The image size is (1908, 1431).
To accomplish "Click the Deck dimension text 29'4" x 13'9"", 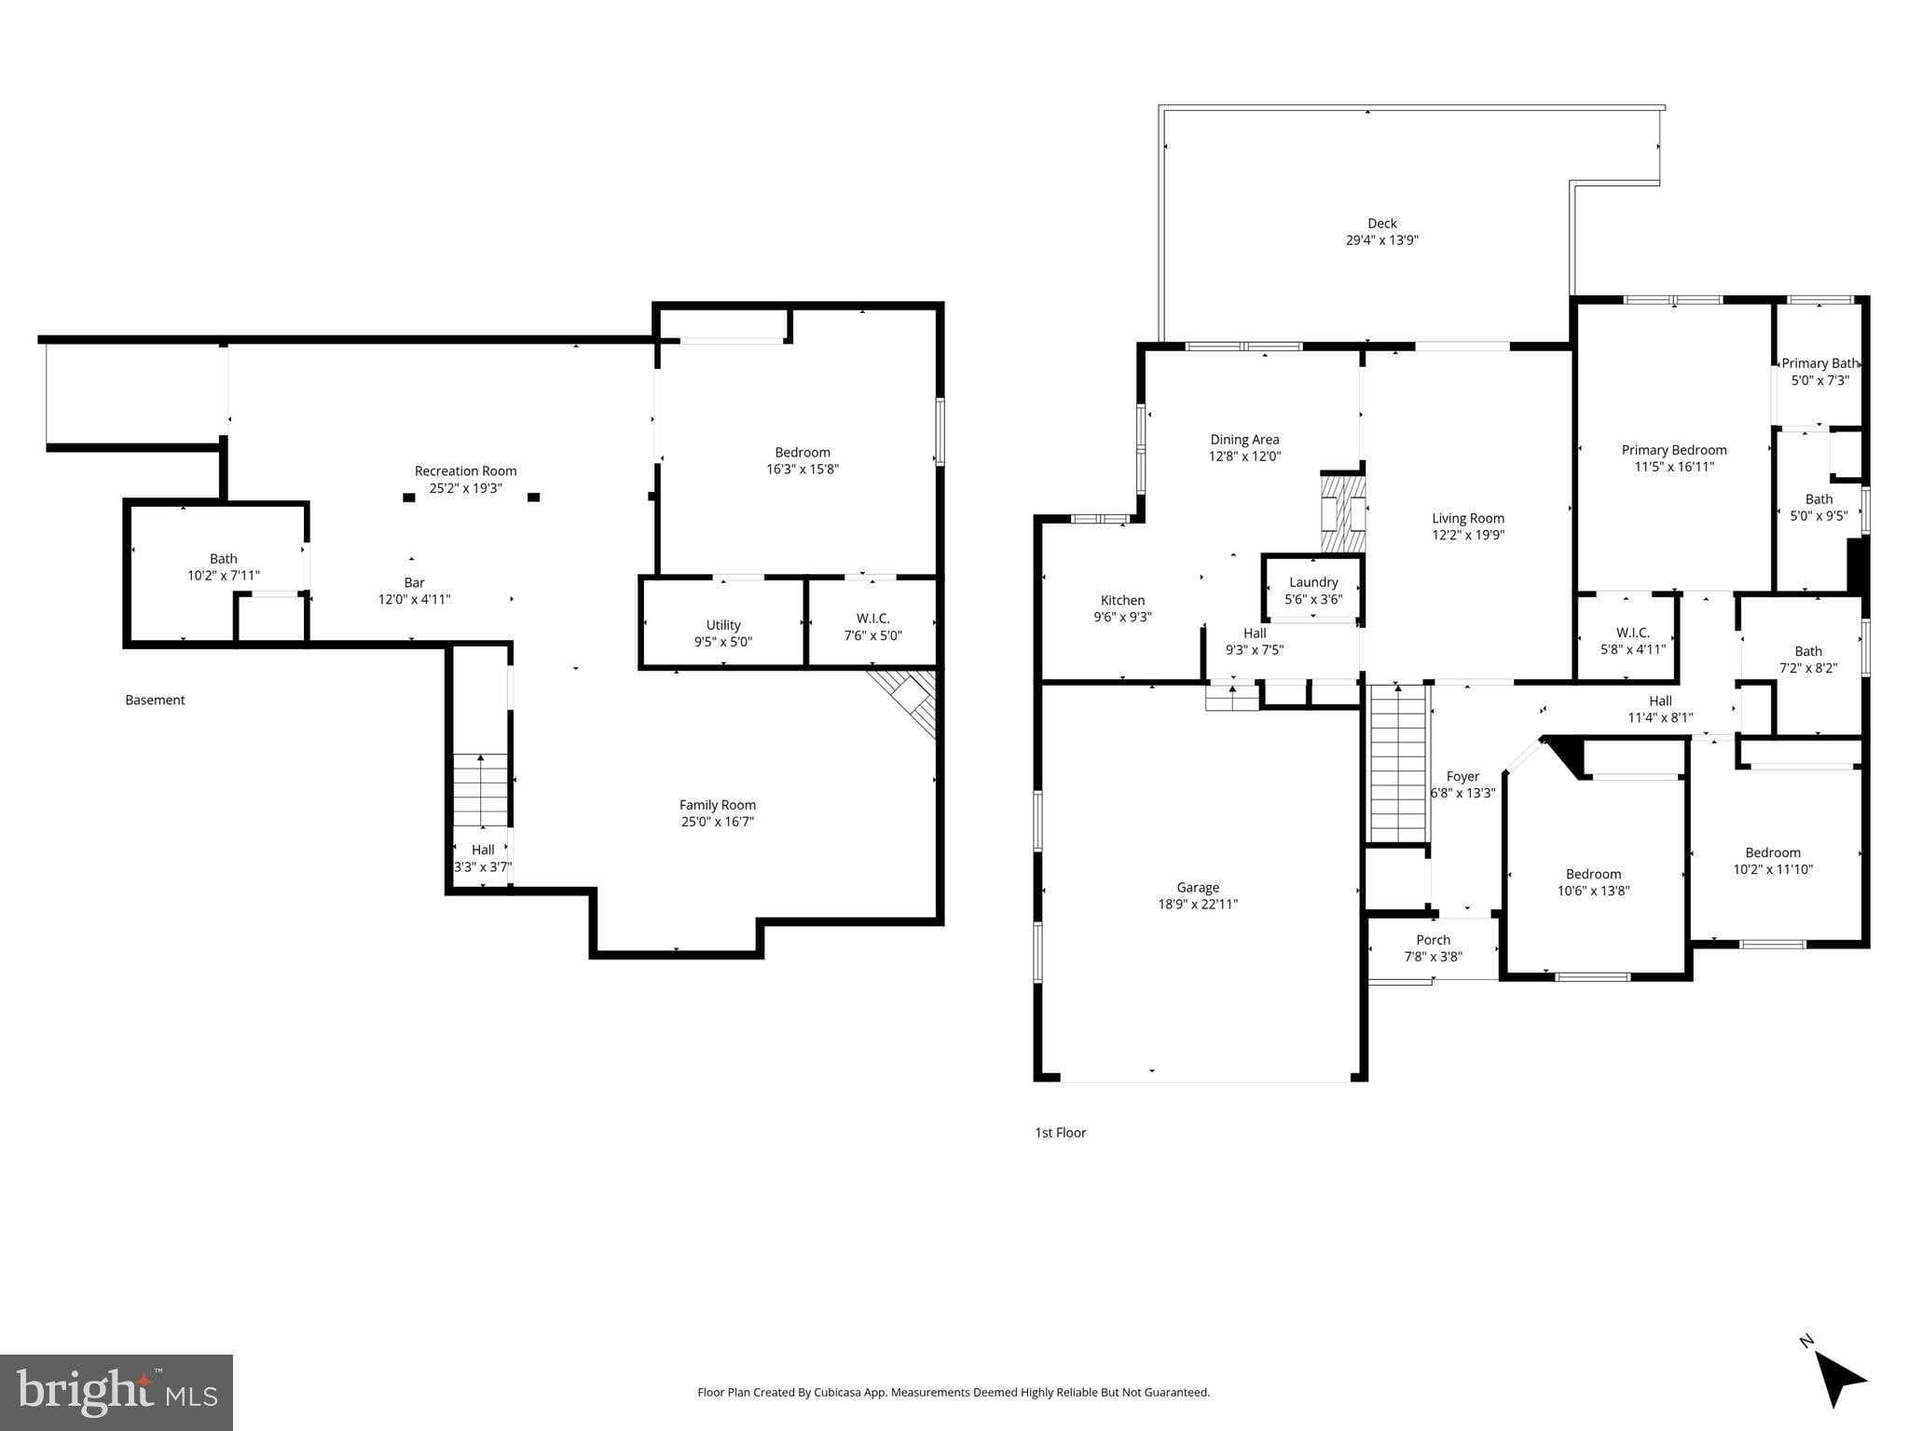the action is (x=1381, y=240).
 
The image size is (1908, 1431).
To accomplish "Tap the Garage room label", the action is (x=1198, y=888).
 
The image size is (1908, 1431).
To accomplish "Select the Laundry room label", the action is (x=1313, y=582).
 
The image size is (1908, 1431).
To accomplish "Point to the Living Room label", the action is (x=1468, y=518).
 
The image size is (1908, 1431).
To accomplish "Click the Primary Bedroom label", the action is (x=1674, y=450).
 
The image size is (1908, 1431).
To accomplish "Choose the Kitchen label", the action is (x=1122, y=600).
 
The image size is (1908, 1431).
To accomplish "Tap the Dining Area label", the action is (x=1244, y=440).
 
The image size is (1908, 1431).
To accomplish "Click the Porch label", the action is (x=1434, y=940).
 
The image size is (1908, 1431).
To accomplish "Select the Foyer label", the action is (x=1462, y=776).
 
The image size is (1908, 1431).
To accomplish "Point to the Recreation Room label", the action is (x=465, y=471).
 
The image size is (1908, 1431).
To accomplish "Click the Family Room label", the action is (x=718, y=805).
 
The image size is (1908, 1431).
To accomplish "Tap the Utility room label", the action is (x=723, y=625).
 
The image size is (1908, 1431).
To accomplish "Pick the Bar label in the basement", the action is (x=414, y=583).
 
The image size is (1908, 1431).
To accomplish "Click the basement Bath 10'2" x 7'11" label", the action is (x=224, y=567).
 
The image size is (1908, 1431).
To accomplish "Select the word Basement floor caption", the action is (x=155, y=700).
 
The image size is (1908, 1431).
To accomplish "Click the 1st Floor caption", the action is (x=1060, y=1133).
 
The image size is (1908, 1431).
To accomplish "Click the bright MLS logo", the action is (x=117, y=1392).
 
